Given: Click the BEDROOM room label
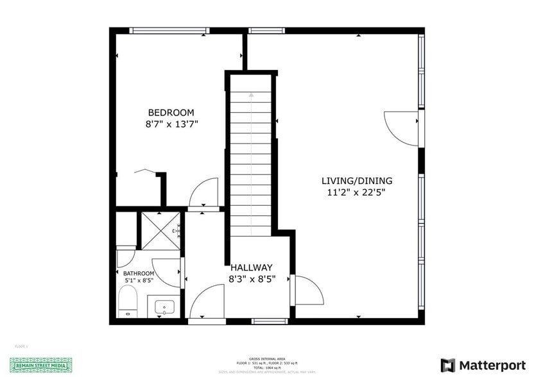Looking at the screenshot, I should point(171,112).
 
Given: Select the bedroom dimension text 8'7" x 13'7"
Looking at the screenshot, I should point(171,124).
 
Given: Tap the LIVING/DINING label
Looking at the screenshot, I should point(357,181).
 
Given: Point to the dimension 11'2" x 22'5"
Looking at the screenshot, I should point(357,192).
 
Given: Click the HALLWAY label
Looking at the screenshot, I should point(252,267).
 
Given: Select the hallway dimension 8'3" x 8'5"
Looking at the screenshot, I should point(252,279).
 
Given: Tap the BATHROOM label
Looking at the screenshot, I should point(139,273).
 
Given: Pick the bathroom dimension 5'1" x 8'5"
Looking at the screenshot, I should point(139,280).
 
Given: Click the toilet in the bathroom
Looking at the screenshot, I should point(128,301).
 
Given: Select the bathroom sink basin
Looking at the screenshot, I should point(164,306).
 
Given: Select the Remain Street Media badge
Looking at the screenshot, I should point(46,362).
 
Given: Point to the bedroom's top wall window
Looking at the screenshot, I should point(169,30).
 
